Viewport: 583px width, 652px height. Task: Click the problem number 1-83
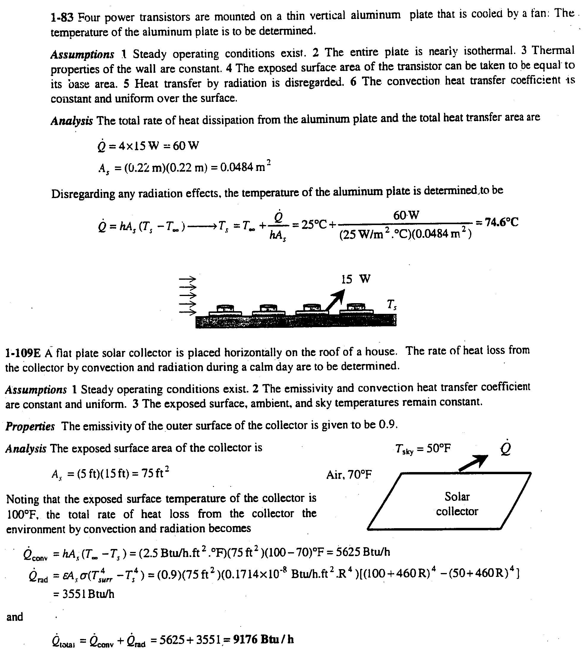coord(62,17)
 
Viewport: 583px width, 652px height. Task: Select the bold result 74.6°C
coord(501,222)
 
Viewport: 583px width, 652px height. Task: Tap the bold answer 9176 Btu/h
coord(263,640)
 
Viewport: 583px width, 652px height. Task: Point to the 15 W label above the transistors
coord(356,279)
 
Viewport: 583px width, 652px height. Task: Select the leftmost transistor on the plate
coord(226,310)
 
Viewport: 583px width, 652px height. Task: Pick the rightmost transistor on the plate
coord(356,308)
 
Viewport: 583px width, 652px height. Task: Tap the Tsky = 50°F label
coord(423,449)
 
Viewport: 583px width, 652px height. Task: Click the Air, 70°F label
coord(349,475)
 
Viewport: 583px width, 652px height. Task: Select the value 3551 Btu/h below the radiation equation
coord(84,594)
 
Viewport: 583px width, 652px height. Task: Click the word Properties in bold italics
coord(30,426)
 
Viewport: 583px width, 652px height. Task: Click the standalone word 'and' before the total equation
coord(15,617)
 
